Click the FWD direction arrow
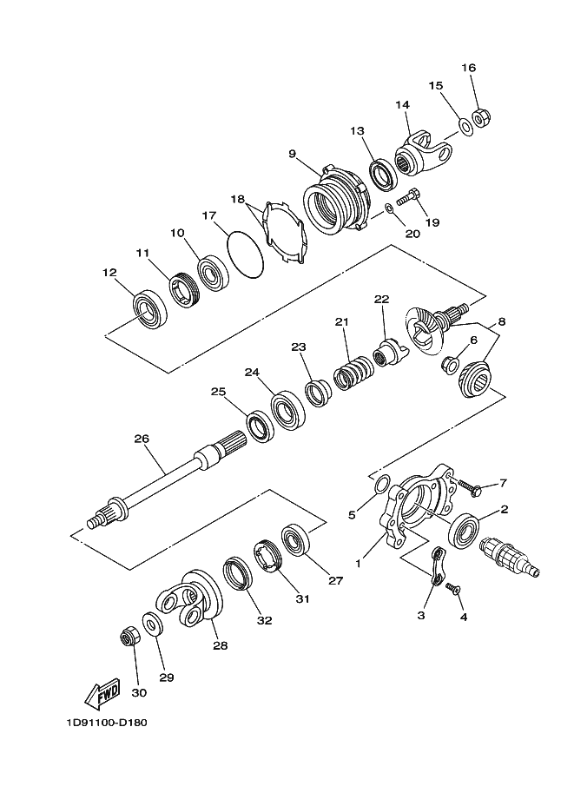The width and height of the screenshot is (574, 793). [x=102, y=693]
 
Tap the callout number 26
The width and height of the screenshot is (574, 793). [x=142, y=439]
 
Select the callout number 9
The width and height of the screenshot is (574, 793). [x=293, y=155]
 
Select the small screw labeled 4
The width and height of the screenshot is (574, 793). [x=452, y=589]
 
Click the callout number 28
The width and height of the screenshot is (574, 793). [x=221, y=645]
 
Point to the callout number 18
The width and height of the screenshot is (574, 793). [x=237, y=199]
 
